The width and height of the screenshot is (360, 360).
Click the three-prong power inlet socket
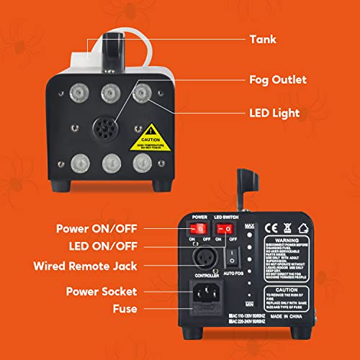coord(203,294)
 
